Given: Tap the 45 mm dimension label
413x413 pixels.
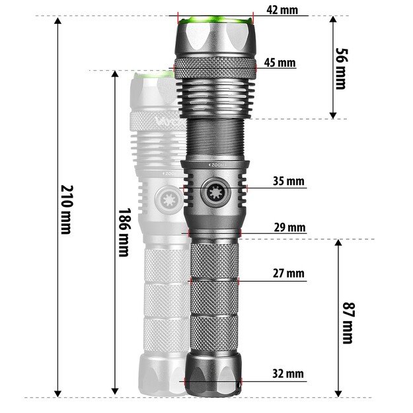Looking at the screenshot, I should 279,63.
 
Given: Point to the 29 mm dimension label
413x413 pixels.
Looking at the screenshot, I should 289,228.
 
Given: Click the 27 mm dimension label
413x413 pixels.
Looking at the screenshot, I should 288,273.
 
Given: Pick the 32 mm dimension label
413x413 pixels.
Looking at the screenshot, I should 288,374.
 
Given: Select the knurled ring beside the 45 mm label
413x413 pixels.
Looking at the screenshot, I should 215,66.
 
